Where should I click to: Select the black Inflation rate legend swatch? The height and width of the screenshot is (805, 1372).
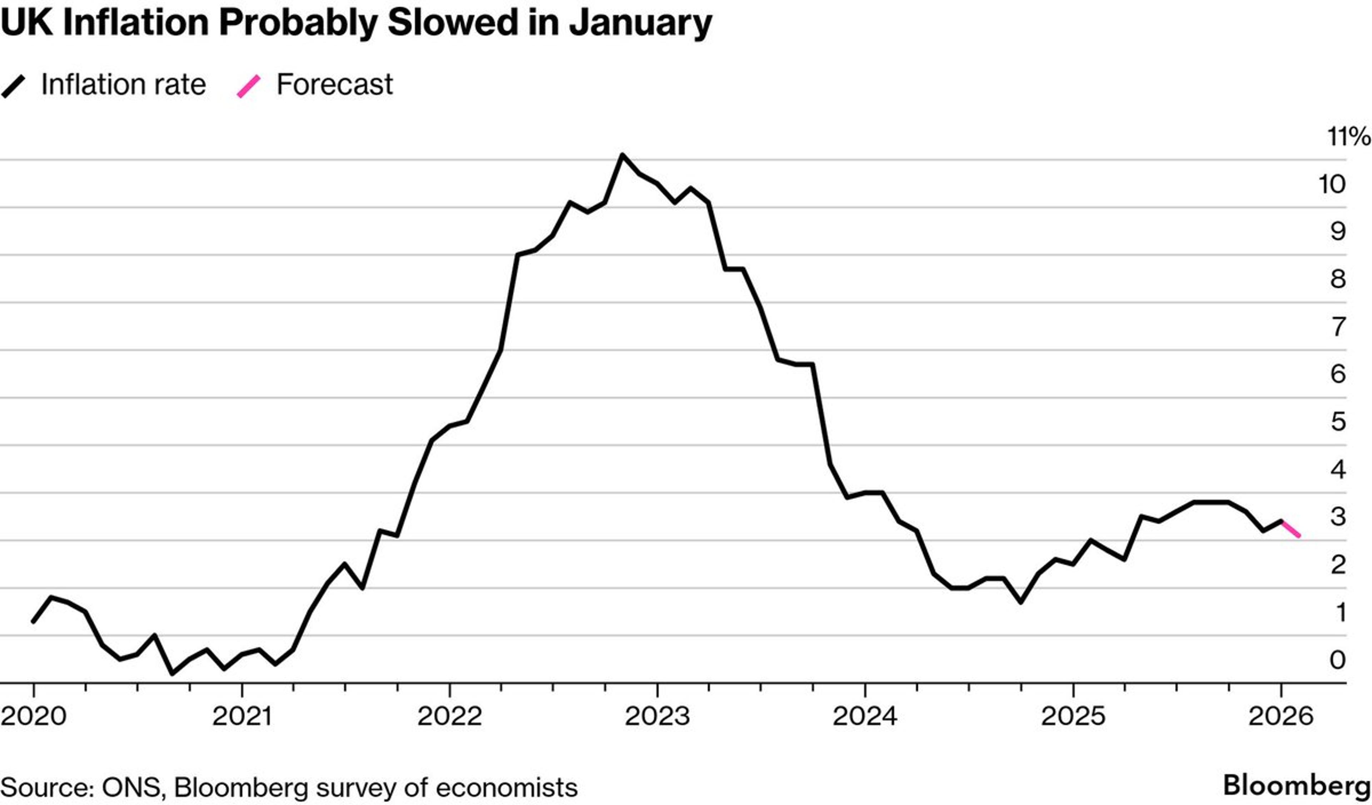(x=14, y=87)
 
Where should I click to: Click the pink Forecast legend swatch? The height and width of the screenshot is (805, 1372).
(x=249, y=87)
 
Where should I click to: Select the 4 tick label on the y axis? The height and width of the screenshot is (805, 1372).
(x=1338, y=469)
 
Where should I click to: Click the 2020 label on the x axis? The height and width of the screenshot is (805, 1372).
(x=34, y=716)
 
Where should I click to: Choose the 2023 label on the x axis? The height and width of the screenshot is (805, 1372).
(x=657, y=716)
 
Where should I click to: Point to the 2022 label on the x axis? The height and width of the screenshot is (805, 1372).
(x=450, y=716)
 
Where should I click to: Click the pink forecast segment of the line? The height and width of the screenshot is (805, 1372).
(x=1291, y=529)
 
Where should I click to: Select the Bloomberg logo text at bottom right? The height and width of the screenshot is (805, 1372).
(x=1296, y=786)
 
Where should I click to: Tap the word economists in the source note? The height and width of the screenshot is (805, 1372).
(x=507, y=787)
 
